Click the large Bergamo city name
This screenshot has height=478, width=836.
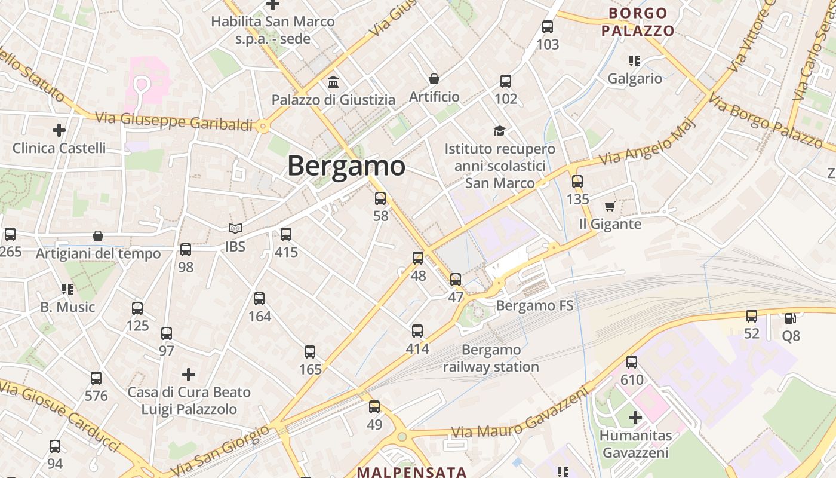click(346, 166)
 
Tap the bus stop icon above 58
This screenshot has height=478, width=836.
click(380, 198)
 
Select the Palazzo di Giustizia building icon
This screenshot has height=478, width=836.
click(333, 82)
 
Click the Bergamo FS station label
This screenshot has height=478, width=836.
click(534, 306)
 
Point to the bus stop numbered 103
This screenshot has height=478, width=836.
click(548, 27)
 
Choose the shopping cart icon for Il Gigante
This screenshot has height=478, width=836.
click(610, 207)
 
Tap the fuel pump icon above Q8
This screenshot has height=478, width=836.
click(790, 318)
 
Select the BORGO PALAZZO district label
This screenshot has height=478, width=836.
click(638, 22)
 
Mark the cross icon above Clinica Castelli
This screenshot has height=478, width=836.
click(59, 130)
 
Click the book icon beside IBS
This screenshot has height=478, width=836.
click(235, 228)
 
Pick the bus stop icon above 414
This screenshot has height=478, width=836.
click(417, 330)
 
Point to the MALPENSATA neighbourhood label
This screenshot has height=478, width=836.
click(411, 471)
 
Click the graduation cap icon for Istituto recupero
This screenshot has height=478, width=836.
click(499, 131)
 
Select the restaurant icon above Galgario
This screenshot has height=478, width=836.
click(634, 60)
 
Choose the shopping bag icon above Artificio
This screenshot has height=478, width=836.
click(434, 79)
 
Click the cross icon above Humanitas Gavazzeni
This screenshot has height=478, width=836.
click(635, 418)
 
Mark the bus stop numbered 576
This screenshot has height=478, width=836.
click(96, 378)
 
